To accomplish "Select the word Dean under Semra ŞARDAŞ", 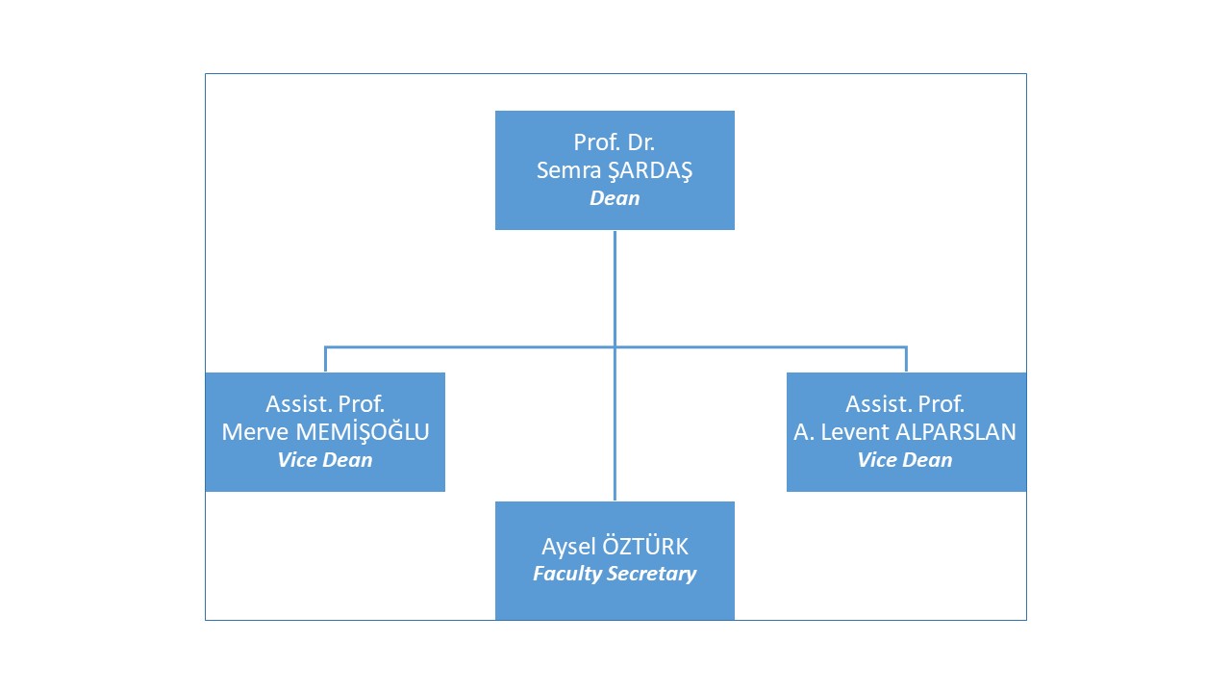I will point(615,198).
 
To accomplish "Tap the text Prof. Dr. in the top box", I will point(615,142).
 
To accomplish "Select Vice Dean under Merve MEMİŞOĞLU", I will point(325,460).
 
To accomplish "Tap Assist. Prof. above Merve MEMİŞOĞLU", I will point(325,404).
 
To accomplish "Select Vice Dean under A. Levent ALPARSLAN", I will point(905,460).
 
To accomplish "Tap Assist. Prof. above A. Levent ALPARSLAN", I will point(905,404).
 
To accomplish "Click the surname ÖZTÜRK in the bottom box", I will point(644,548).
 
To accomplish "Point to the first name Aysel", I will point(567,548).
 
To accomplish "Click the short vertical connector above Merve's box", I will point(325,360).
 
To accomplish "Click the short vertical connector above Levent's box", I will point(906,360).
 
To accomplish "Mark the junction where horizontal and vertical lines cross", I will point(615,346).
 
